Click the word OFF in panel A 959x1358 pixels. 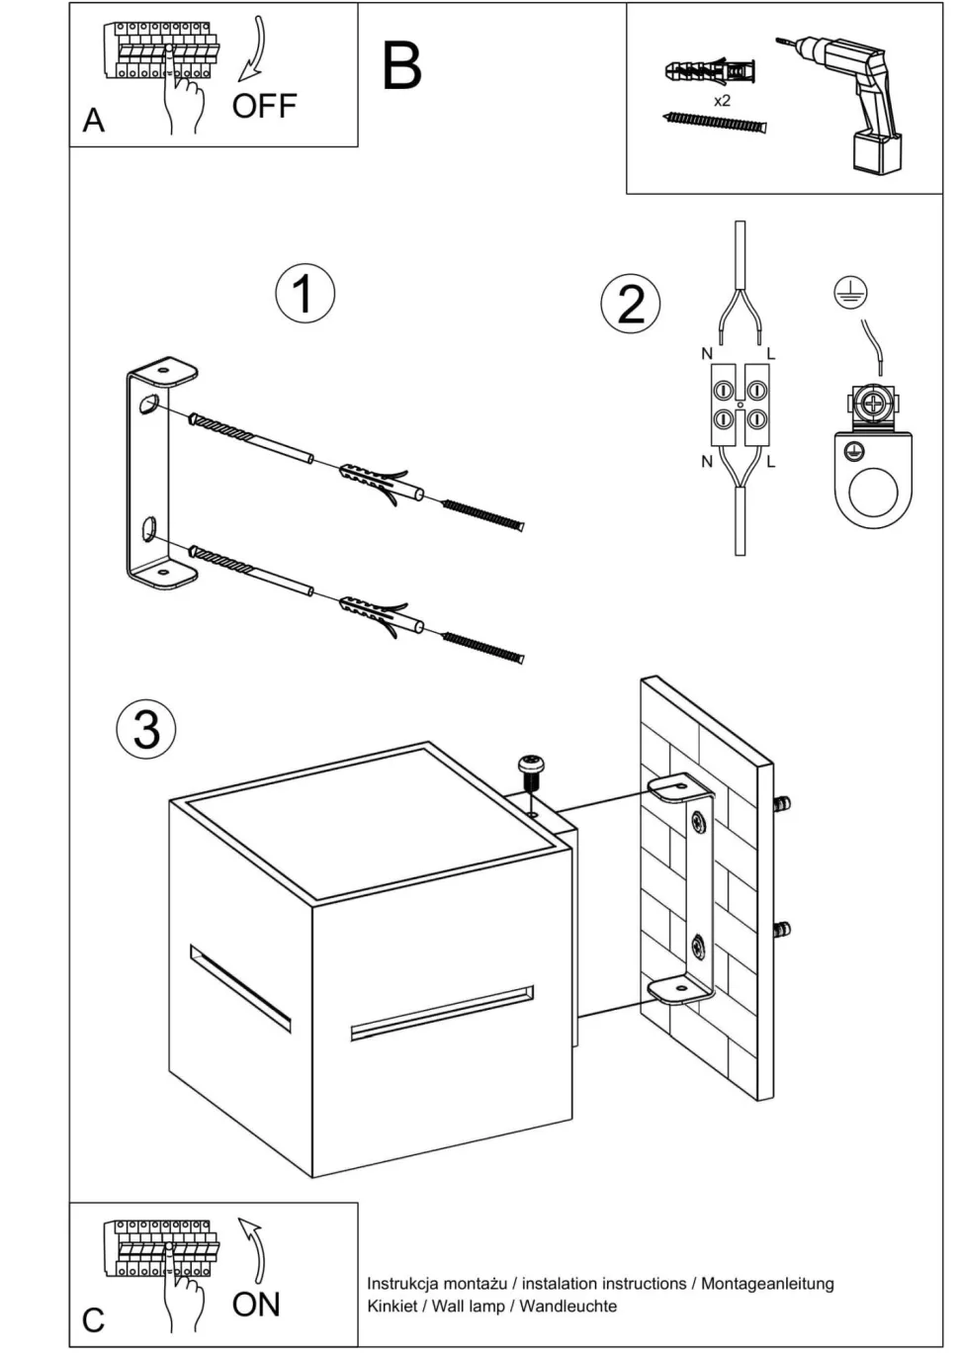coord(264,106)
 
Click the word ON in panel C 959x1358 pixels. coord(256,1305)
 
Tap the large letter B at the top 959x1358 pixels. coord(401,66)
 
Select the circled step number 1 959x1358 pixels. coord(305,293)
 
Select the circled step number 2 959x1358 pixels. coord(631,303)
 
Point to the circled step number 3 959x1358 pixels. coord(146,729)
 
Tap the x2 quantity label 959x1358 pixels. coord(722,101)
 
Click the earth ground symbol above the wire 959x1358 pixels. coord(847,290)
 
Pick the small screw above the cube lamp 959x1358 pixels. coord(531,768)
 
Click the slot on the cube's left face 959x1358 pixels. coord(240,987)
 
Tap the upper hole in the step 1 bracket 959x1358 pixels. coord(147,405)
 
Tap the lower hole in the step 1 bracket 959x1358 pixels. coord(147,528)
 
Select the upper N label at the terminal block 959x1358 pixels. coord(706,354)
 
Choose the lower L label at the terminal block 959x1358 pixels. coord(770,461)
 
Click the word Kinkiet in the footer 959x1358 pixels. coord(392,1306)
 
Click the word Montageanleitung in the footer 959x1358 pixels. coord(767,1284)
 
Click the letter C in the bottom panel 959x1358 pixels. coord(94,1319)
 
